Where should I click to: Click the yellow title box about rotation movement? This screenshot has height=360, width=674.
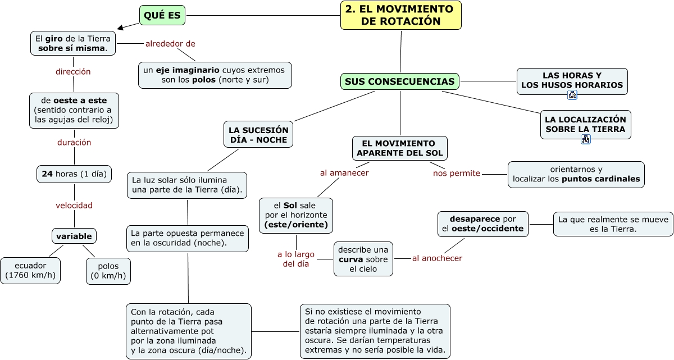pyautogui.click(x=400, y=15)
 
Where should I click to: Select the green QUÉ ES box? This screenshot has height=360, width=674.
pyautogui.click(x=162, y=15)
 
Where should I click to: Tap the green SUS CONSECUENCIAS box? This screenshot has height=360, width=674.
pyautogui.click(x=399, y=81)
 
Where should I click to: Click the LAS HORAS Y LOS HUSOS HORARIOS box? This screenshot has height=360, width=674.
pyautogui.click(x=572, y=80)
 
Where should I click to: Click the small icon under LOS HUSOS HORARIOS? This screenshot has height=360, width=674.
pyautogui.click(x=572, y=95)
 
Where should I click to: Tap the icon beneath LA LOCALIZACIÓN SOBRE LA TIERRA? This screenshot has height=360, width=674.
pyautogui.click(x=585, y=139)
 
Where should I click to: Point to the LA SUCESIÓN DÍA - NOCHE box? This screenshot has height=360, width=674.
pyautogui.click(x=258, y=134)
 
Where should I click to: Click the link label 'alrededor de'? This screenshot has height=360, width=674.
pyautogui.click(x=170, y=43)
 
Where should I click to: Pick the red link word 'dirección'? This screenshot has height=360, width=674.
pyautogui.click(x=73, y=71)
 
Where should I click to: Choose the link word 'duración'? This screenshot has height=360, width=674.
pyautogui.click(x=74, y=142)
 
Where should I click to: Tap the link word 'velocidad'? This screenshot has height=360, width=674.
pyautogui.click(x=74, y=205)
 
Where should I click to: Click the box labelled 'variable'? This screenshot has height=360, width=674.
pyautogui.click(x=74, y=235)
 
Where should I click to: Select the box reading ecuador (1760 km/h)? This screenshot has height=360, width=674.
pyautogui.click(x=30, y=270)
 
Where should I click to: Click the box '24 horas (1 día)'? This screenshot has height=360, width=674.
pyautogui.click(x=74, y=174)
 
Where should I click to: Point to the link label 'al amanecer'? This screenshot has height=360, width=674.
pyautogui.click(x=344, y=172)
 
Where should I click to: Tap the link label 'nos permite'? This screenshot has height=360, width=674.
pyautogui.click(x=457, y=173)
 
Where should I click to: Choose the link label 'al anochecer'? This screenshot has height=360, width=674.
pyautogui.click(x=437, y=258)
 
